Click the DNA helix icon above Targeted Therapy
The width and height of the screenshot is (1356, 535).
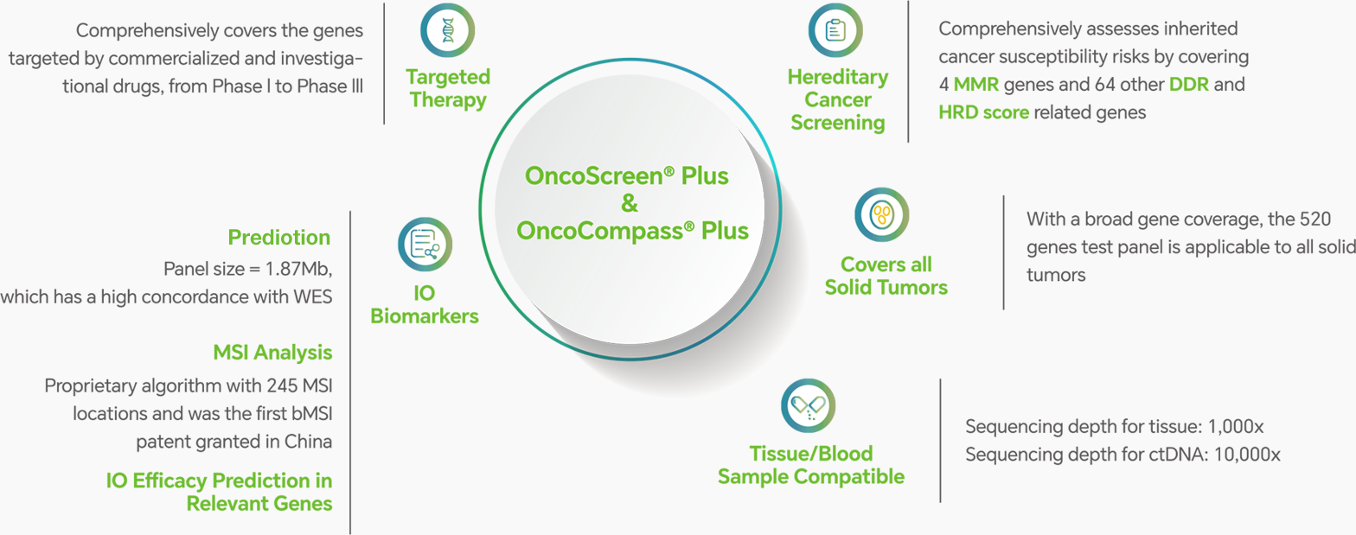pyautogui.click(x=448, y=30)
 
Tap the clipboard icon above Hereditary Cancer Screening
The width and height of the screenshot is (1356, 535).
pyautogui.click(x=836, y=30)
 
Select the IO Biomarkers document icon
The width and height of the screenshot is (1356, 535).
pyautogui.click(x=425, y=245)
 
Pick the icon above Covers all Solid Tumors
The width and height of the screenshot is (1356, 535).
pyautogui.click(x=882, y=215)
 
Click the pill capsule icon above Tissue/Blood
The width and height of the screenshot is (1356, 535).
pyautogui.click(x=808, y=405)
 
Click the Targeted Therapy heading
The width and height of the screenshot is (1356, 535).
pyautogui.click(x=448, y=88)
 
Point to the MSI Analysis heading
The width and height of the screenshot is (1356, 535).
pyautogui.click(x=272, y=353)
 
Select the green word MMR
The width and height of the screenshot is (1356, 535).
pyautogui.click(x=975, y=84)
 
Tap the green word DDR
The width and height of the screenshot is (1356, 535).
pyautogui.click(x=1189, y=84)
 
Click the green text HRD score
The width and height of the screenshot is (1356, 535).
pyautogui.click(x=984, y=112)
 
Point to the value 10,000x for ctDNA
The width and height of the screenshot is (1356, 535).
pyautogui.click(x=1247, y=455)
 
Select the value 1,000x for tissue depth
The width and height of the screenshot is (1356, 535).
pyautogui.click(x=1236, y=427)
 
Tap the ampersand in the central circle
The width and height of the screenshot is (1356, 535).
pyautogui.click(x=630, y=203)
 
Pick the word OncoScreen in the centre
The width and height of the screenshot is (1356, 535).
pyautogui.click(x=593, y=176)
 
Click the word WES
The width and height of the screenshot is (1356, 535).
pyautogui.click(x=312, y=296)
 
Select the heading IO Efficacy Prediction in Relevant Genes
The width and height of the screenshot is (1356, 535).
pyautogui.click(x=219, y=492)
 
